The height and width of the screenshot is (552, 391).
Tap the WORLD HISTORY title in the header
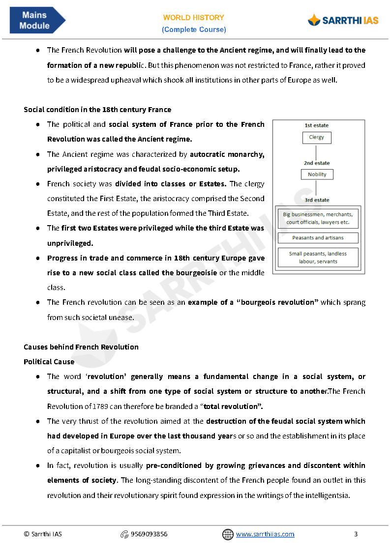coord(194,18)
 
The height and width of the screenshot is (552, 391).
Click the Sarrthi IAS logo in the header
coord(343,20)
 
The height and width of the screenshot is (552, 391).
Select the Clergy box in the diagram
coord(317,138)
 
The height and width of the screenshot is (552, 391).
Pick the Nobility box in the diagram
coord(317,174)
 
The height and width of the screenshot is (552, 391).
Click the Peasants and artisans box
coord(318,238)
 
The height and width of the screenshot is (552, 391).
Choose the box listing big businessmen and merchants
coord(318,218)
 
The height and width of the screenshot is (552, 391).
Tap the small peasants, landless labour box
coord(318,258)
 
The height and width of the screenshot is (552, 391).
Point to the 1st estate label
coord(317,125)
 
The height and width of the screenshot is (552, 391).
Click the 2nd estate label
coord(317,163)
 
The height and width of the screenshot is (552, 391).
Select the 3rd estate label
coord(317,200)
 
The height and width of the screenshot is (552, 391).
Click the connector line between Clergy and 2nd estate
coord(317,151)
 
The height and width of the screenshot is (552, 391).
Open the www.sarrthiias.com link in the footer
coord(265,534)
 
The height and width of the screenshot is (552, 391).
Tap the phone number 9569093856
coord(149,534)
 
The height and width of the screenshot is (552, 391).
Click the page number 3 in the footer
coord(356,534)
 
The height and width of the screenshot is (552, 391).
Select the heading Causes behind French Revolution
coord(81,347)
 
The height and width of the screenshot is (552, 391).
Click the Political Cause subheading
coord(49,362)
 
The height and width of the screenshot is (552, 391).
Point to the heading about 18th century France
coord(97,110)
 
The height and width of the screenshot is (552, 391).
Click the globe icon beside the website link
coord(228,534)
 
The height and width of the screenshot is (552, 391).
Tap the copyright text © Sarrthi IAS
coord(43,534)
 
